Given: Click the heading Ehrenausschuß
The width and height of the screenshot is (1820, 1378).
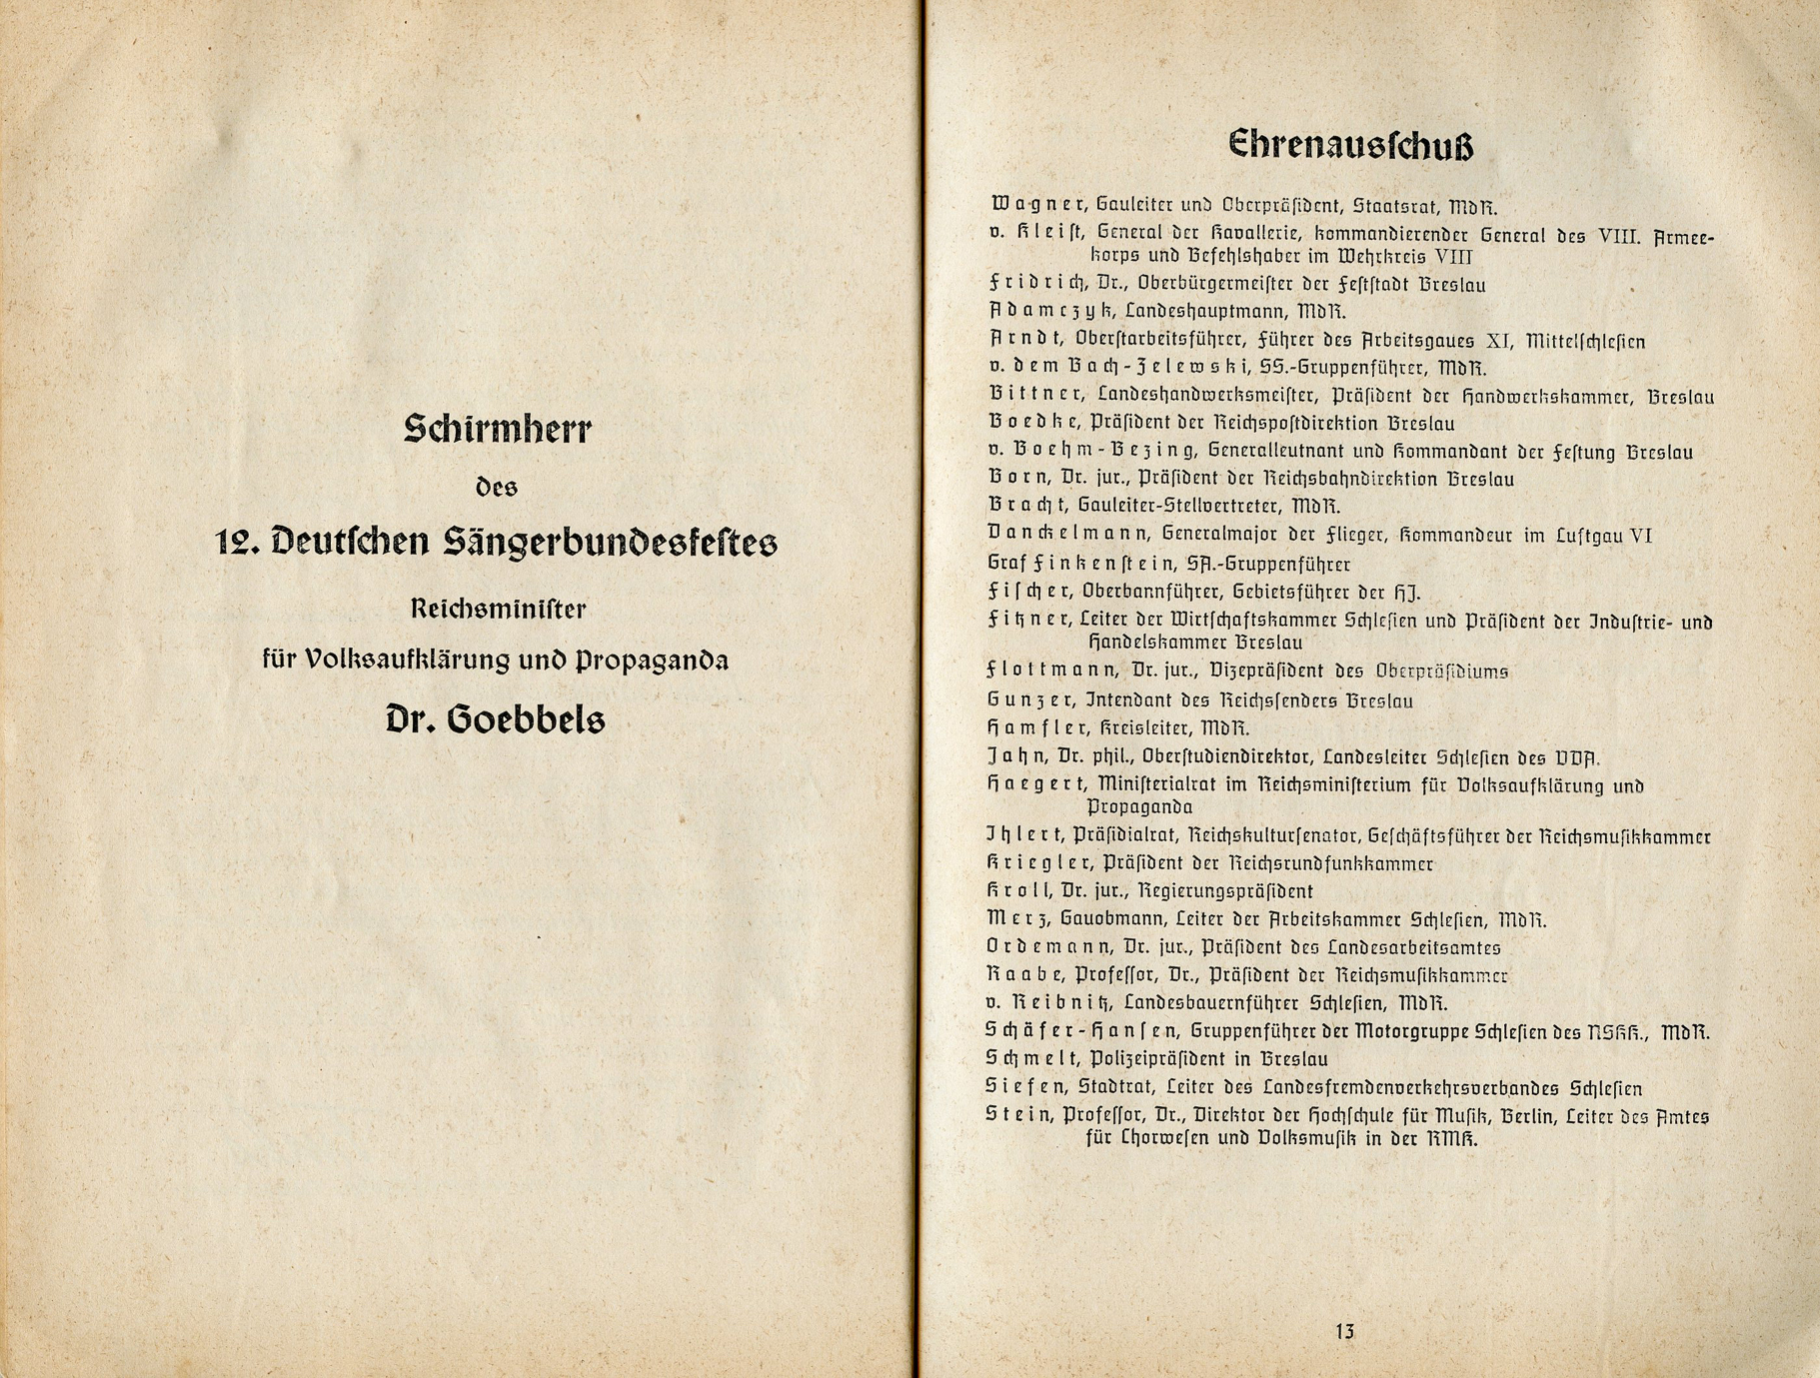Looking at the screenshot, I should click(1350, 146).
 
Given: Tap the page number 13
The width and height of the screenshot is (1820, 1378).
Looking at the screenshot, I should click(1344, 1331).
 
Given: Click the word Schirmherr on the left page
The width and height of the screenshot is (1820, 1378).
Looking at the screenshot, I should click(498, 430).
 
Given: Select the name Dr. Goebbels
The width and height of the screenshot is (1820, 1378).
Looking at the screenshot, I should click(496, 719).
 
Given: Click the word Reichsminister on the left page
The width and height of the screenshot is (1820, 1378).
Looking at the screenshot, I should click(498, 608).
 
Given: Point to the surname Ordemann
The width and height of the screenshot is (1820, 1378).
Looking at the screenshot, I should click(1048, 946).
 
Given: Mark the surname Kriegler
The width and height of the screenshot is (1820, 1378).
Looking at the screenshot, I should click(1036, 862).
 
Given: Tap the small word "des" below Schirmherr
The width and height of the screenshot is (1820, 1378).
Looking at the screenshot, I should click(497, 489).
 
